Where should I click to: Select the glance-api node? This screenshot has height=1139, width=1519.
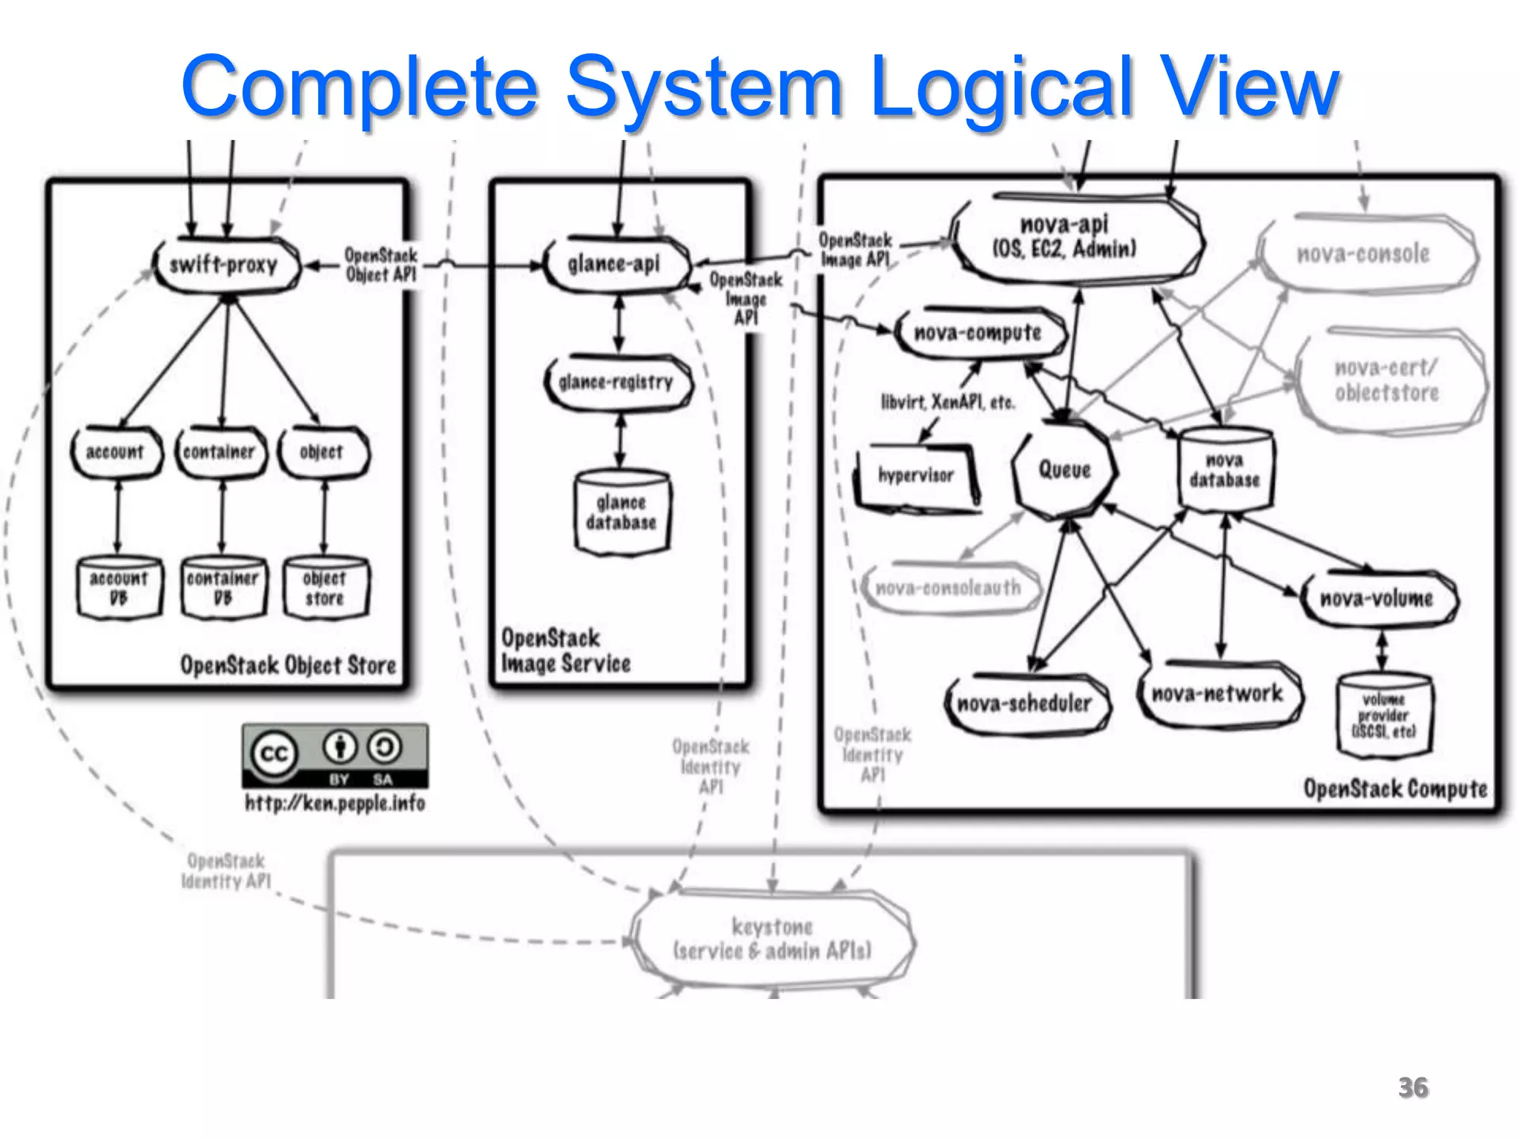point(615,264)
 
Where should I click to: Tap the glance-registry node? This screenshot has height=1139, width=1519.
point(617,383)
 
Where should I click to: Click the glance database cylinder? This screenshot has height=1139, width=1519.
point(622,512)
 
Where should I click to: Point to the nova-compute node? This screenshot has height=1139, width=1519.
point(978,333)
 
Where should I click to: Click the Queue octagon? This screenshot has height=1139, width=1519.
point(1064,469)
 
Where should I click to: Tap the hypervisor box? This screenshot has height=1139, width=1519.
point(916,475)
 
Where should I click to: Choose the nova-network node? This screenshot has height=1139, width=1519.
point(1218,694)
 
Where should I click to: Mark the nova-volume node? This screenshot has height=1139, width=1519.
point(1377,598)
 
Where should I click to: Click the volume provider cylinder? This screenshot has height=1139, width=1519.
point(1384,716)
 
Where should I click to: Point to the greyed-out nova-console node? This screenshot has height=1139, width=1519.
point(1364,254)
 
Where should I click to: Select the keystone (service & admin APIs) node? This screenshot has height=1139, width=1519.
point(773,939)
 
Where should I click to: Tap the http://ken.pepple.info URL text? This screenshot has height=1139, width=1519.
point(335,803)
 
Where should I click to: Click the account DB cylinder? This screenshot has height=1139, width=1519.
point(119,588)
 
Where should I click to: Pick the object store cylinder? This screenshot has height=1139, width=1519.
point(325,588)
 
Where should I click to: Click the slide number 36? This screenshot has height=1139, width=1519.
point(1413,1088)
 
